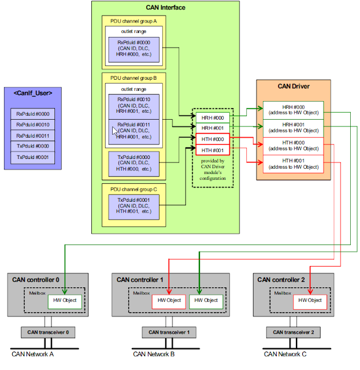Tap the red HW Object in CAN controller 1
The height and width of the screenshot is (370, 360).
(169, 301)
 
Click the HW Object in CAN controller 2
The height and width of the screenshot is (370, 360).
(310, 301)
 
